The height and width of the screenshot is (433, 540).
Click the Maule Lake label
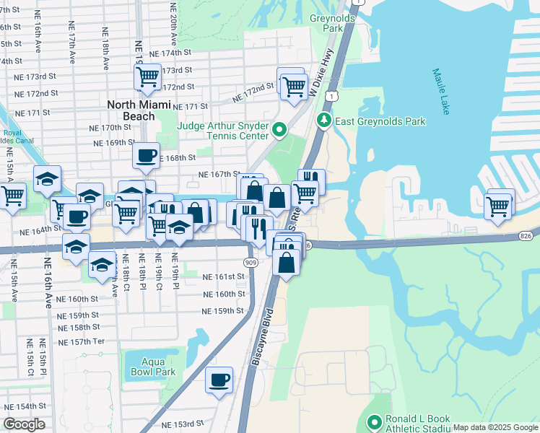[x=441, y=92]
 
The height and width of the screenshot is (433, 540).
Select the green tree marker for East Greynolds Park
[x=325, y=121]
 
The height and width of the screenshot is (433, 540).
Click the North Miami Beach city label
[x=141, y=110]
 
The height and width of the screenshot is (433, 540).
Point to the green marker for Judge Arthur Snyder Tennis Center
[x=280, y=131]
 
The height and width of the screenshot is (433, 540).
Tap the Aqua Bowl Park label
[x=149, y=366]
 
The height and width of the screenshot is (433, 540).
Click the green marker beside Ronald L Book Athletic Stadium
[x=375, y=422]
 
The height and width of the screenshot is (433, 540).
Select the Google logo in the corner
[x=24, y=424]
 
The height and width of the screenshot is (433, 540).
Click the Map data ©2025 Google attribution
[x=495, y=427]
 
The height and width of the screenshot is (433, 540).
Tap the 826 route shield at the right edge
[x=526, y=236]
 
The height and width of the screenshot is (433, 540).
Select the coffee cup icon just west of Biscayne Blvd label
[x=219, y=380]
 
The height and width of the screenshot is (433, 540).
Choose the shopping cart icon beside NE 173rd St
[x=147, y=76]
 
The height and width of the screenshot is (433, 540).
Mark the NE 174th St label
[x=170, y=53]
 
